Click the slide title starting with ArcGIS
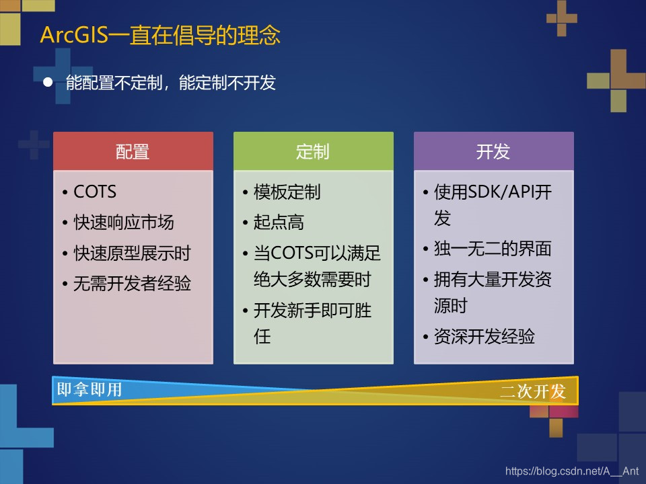(x=160, y=34)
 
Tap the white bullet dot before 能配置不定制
(x=48, y=82)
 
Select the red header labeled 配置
(x=133, y=151)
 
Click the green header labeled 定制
(x=313, y=151)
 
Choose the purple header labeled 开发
(x=493, y=151)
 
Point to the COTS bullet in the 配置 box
(x=95, y=192)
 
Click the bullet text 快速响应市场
(x=124, y=223)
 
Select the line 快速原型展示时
(x=133, y=253)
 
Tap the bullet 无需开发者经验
(x=133, y=283)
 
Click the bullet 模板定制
(x=287, y=192)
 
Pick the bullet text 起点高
(x=279, y=223)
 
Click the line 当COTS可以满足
(x=317, y=253)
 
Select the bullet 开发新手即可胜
(x=313, y=311)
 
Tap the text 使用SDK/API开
(x=493, y=192)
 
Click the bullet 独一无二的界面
(x=493, y=249)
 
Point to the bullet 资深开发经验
(x=485, y=336)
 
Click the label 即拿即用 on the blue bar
(x=89, y=389)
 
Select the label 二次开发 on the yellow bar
(x=533, y=391)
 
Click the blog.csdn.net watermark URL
(x=572, y=471)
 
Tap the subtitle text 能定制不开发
(x=227, y=83)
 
